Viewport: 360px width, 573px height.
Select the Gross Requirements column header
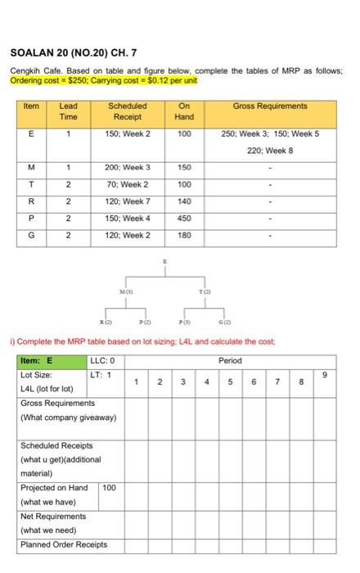270,106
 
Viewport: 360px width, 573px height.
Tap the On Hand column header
185,111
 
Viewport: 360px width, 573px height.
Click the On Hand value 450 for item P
185,218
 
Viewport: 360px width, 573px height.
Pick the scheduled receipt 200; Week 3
128,166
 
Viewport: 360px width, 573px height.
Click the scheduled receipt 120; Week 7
128,201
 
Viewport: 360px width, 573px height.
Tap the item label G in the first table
30,235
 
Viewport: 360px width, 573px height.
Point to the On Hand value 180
185,235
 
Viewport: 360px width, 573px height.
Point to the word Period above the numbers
230,360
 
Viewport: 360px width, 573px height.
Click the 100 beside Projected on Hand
109,487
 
